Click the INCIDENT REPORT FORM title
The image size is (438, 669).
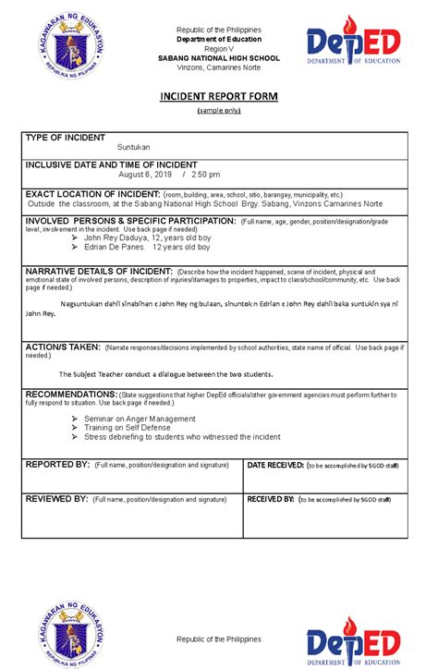pyautogui.click(x=219, y=97)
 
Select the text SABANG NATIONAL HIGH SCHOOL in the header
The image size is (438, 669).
pyautogui.click(x=219, y=58)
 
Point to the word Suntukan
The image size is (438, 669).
pyautogui.click(x=133, y=147)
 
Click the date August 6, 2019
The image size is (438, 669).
pyautogui.click(x=145, y=174)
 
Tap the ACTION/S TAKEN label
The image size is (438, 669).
pyautogui.click(x=63, y=347)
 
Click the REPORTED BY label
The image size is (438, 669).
pyautogui.click(x=56, y=464)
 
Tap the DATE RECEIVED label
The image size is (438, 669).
pyautogui.click(x=275, y=464)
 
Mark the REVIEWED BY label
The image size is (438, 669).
pyautogui.click(x=56, y=499)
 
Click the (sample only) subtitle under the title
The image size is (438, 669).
pyautogui.click(x=219, y=111)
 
